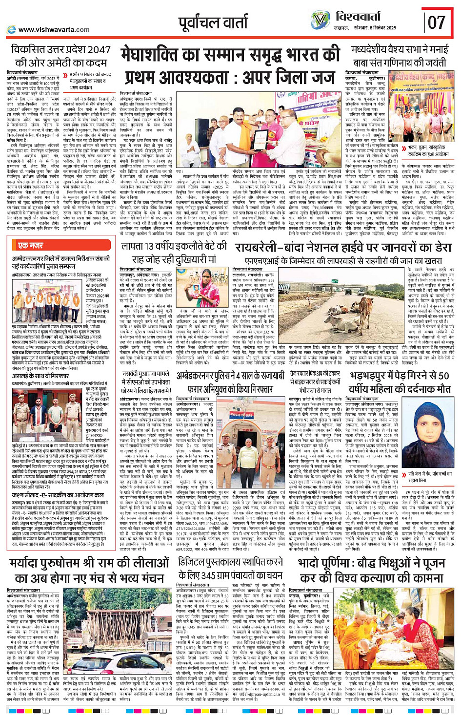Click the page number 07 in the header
pos(437,22)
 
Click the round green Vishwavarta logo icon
pos(320,20)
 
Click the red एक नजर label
pos(30,246)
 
